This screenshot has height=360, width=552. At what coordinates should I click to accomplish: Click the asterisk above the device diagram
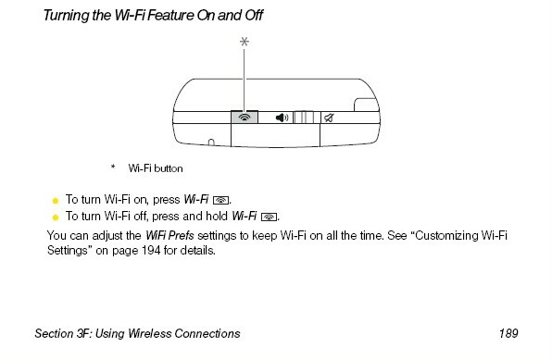[245, 42]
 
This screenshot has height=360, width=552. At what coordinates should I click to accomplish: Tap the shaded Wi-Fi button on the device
[245, 118]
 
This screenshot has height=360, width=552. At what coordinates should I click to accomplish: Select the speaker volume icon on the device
[282, 118]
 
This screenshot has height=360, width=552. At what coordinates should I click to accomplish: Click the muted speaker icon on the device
[329, 118]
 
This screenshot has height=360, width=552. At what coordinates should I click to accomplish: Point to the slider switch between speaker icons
[304, 118]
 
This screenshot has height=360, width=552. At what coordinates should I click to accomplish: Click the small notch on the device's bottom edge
[211, 143]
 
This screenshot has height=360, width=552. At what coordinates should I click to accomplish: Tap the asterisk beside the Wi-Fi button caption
[113, 167]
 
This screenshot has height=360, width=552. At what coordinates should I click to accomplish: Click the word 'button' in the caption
[169, 168]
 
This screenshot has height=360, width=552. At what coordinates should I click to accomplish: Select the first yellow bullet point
[56, 201]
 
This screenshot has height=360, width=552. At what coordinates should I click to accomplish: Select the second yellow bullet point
[56, 217]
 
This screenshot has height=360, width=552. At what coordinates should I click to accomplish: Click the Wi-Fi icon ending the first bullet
[220, 200]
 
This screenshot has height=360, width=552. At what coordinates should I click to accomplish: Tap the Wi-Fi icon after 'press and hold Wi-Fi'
[269, 217]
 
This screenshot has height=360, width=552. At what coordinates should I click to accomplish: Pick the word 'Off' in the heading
[254, 15]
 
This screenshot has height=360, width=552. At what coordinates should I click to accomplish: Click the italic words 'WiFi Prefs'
[169, 235]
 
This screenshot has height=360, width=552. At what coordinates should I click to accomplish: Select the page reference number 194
[151, 251]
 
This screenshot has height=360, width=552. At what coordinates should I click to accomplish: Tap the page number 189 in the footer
[508, 333]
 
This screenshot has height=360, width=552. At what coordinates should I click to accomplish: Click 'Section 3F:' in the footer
[63, 333]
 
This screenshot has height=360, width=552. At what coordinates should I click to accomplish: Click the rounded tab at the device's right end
[366, 105]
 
